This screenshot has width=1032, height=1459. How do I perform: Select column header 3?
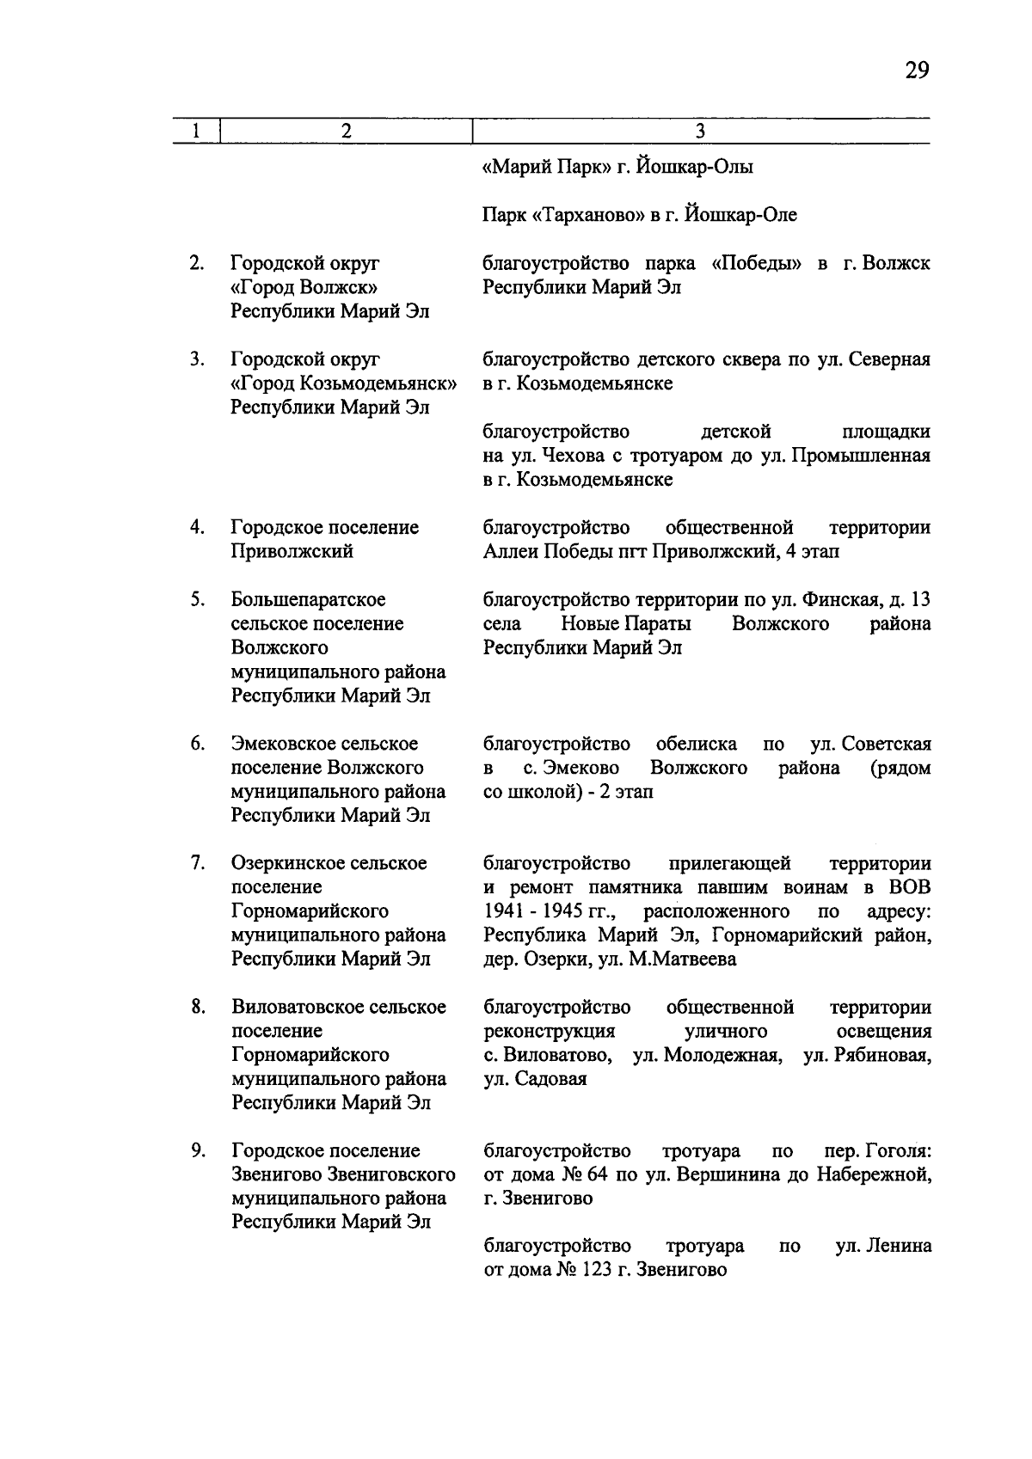[700, 131]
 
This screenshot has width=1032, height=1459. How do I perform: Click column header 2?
[346, 131]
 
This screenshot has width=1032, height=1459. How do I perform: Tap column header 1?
[196, 131]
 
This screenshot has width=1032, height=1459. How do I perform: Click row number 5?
[197, 599]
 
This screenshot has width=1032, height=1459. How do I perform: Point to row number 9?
[197, 1150]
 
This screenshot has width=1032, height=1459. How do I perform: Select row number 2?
[197, 263]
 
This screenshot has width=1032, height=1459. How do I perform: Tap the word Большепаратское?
[308, 599]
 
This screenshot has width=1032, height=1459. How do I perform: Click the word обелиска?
[696, 744]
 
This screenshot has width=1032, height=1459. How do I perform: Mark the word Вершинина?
[734, 1174]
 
